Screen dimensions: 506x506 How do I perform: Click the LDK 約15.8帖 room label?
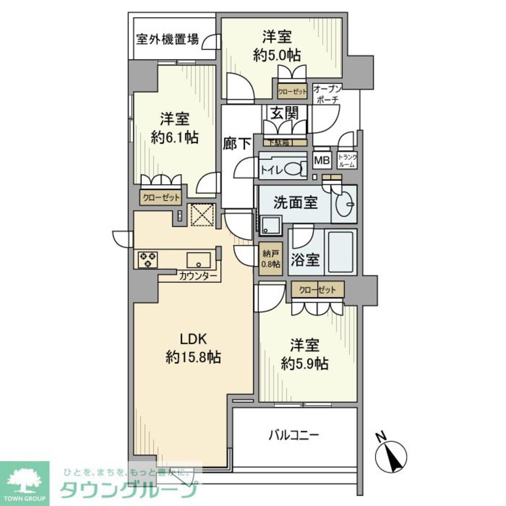(192, 348)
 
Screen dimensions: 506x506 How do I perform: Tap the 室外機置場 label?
(167, 39)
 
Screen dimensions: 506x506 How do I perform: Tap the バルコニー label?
(293, 435)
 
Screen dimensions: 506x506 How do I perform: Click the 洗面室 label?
(296, 203)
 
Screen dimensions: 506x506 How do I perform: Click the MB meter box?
(322, 161)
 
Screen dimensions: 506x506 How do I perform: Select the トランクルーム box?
(348, 161)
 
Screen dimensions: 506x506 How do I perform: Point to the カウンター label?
(198, 276)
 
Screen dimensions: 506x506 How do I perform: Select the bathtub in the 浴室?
(342, 253)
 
